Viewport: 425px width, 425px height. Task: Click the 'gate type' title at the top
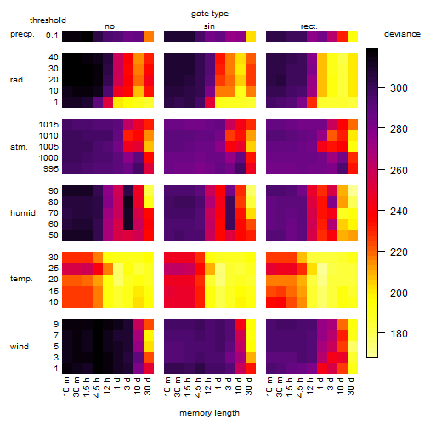tap(210, 14)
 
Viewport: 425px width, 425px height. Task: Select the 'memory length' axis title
tap(209, 413)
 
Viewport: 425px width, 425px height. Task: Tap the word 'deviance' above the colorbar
tap(402, 34)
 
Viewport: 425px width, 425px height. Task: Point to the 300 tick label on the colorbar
tap(399, 88)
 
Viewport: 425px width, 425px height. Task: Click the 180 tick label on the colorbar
tap(399, 334)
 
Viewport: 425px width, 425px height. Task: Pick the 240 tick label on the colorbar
tap(399, 212)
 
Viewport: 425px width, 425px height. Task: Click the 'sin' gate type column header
tap(209, 26)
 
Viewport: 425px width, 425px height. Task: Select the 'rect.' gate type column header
tap(309, 26)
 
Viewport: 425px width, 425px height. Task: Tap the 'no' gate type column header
tap(110, 26)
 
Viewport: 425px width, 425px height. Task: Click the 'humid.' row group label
tap(24, 213)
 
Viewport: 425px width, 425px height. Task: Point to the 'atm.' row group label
tap(19, 147)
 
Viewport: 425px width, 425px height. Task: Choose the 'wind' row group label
tap(20, 347)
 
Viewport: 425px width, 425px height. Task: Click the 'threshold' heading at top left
tap(48, 20)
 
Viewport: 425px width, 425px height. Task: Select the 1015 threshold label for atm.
tap(48, 125)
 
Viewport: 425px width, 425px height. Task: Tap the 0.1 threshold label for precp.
tap(52, 36)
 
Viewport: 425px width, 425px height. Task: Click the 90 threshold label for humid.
tap(54, 191)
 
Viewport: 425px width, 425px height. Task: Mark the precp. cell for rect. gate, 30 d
tap(353, 37)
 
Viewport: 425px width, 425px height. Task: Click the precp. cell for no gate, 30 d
tap(149, 37)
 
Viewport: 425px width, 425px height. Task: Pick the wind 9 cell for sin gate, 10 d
tap(241, 325)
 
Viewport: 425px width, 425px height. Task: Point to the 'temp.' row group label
tap(21, 279)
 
